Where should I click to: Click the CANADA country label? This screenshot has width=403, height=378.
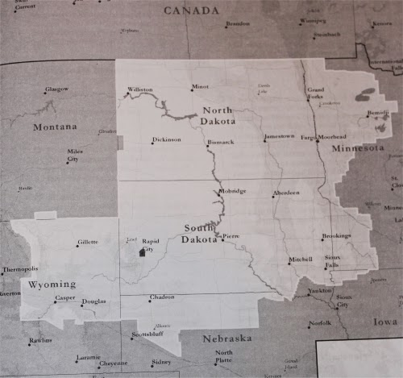(x=191, y=10)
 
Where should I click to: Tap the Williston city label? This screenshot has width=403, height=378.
(x=139, y=89)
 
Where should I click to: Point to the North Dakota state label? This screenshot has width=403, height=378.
(x=218, y=115)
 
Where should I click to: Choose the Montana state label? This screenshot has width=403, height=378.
(x=55, y=127)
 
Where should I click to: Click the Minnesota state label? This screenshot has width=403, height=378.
(x=359, y=149)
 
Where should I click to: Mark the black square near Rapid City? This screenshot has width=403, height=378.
(x=143, y=253)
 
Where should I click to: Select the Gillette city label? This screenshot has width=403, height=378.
(x=87, y=242)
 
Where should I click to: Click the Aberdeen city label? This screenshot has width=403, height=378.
(x=286, y=193)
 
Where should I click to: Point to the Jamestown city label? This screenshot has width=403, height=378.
(x=279, y=137)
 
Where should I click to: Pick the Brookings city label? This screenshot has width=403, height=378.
(x=336, y=236)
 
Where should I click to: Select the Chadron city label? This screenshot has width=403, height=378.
(x=161, y=297)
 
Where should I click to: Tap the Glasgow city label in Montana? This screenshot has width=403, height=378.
(x=56, y=89)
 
